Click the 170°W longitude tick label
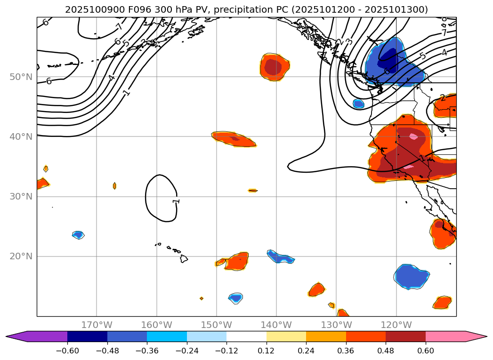click(97, 325)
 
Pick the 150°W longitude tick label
click(217, 325)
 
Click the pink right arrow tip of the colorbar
click(480, 336)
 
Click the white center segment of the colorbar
click(246, 336)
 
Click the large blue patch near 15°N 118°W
click(412, 276)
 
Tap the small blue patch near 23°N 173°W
click(78, 235)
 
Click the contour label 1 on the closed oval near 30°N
click(176, 201)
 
